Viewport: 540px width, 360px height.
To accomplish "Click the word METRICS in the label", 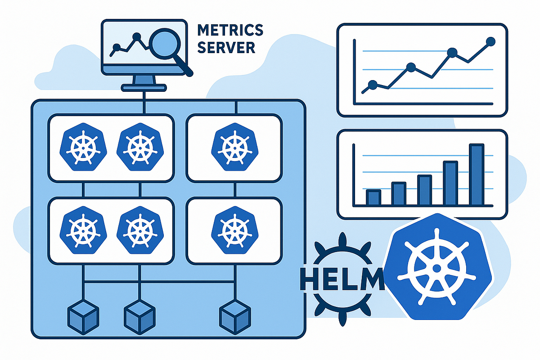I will pos(230,31).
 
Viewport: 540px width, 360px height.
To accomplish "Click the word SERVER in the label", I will pos(226,47).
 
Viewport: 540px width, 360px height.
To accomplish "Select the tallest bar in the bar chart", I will pos(477,174).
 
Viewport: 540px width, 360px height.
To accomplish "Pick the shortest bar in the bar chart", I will pos(373,197).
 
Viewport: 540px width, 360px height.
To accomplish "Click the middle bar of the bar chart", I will pos(425,189).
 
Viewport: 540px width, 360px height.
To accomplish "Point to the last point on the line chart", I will pos(490,42).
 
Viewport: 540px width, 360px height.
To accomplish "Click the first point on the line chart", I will pos(372,84).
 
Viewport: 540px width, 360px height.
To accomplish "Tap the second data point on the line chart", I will pos(410,67).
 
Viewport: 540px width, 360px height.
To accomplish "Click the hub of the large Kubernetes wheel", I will pos(436,268).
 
